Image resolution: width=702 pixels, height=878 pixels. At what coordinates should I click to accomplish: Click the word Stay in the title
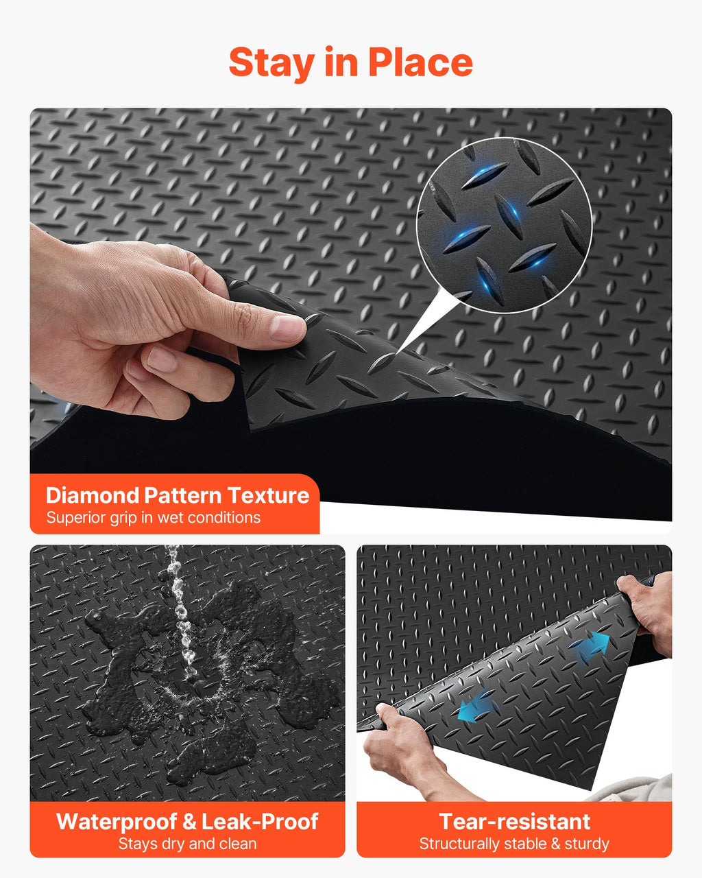click(271, 64)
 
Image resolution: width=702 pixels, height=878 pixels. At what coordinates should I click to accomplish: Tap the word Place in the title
click(420, 62)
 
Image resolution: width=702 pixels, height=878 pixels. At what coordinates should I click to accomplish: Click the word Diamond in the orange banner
click(93, 496)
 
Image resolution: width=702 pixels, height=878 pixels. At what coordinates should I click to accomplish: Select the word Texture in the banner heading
click(269, 496)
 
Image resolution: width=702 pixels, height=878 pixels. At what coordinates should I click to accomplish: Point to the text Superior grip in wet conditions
click(154, 518)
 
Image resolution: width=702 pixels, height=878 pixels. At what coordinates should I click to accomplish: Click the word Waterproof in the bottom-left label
click(117, 821)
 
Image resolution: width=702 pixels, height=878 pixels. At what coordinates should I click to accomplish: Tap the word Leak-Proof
click(260, 821)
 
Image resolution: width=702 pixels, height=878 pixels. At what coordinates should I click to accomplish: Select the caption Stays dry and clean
click(188, 844)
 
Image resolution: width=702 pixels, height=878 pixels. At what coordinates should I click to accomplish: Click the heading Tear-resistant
click(514, 821)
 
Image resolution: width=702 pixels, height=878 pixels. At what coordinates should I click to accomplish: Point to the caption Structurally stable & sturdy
click(514, 844)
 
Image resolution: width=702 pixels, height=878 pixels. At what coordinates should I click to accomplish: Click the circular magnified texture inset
click(504, 225)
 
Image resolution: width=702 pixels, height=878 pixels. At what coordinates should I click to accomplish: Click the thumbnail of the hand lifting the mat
click(351, 321)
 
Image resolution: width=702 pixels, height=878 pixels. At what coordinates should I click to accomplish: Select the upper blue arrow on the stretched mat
click(596, 644)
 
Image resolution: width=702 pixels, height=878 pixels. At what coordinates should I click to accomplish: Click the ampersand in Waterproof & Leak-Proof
click(189, 821)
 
